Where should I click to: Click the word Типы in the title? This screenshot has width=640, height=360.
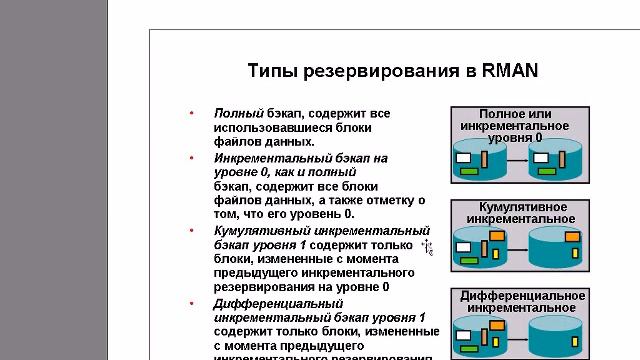click(270, 71)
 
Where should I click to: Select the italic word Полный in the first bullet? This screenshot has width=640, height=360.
click(237, 114)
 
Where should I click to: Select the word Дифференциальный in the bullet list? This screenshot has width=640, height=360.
click(271, 302)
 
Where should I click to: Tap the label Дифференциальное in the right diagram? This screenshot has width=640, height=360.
click(522, 295)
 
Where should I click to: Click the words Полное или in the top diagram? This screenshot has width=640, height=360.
click(515, 114)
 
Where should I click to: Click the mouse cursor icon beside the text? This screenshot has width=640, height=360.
click(426, 246)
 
